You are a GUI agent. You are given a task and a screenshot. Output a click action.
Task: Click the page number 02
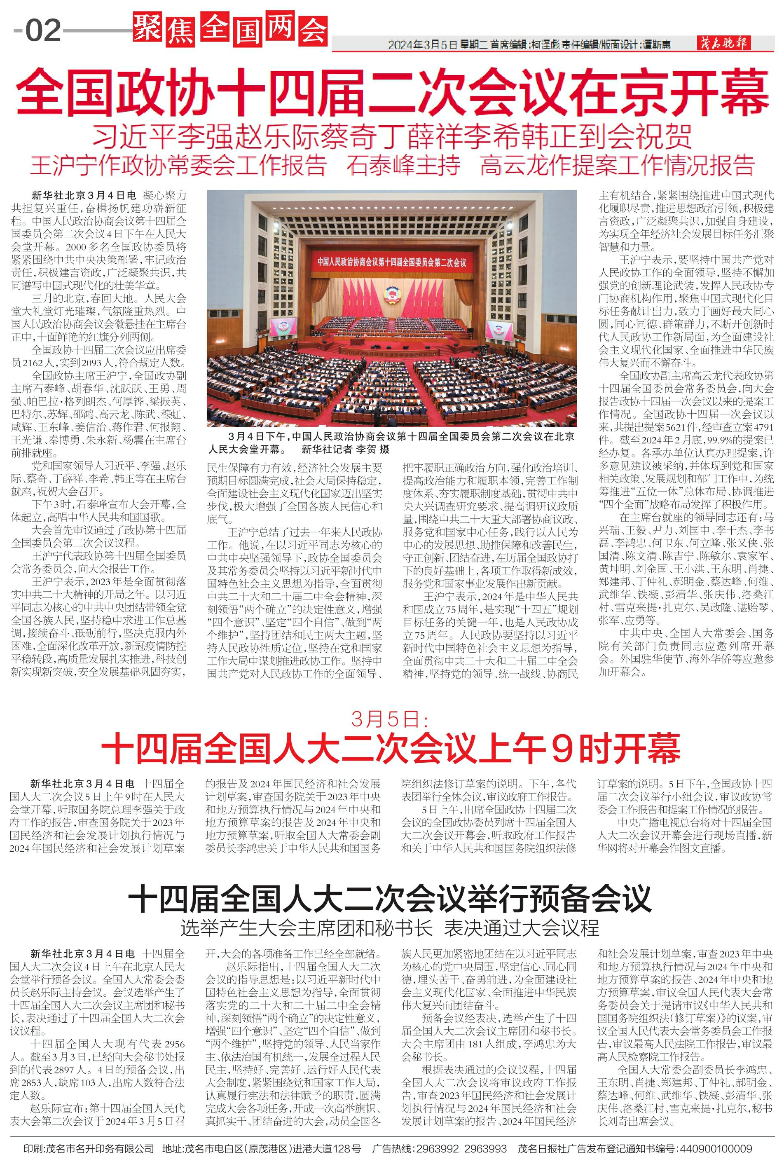(43, 30)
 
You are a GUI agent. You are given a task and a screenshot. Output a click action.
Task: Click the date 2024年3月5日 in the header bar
(423, 45)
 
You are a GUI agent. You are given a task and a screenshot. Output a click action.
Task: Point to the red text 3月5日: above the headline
(390, 719)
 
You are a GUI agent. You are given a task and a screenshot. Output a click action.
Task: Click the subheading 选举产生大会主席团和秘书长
(307, 928)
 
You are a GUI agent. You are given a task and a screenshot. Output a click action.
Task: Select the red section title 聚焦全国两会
(230, 30)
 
